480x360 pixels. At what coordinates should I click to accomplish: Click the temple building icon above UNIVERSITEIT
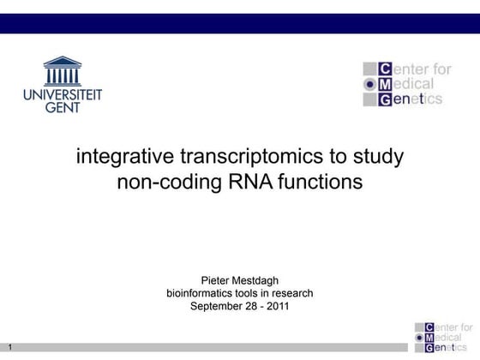(x=63, y=71)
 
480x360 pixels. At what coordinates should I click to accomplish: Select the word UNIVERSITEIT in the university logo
(x=63, y=94)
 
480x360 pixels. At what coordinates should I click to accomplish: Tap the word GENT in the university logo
(x=63, y=108)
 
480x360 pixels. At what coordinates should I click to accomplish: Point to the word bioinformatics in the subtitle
(x=199, y=293)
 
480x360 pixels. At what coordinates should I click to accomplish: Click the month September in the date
(x=216, y=306)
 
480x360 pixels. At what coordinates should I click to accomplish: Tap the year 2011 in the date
(x=277, y=306)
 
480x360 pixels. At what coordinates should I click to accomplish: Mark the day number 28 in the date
(x=251, y=306)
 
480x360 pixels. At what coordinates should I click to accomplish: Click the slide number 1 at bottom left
(x=9, y=347)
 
